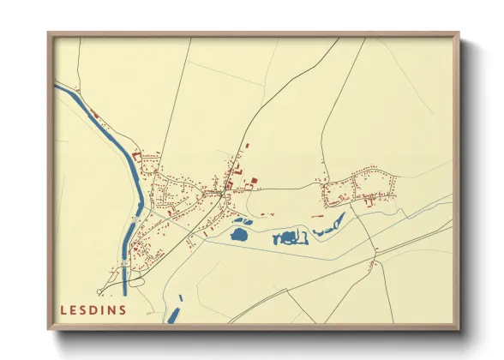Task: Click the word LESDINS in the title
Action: tap(93, 309)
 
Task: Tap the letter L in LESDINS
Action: tap(63, 309)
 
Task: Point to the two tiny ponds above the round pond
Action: tap(243, 220)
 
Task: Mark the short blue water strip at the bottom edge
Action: tap(175, 311)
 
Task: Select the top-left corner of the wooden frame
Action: tap(49, 33)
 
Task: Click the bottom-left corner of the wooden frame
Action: tap(49, 328)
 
